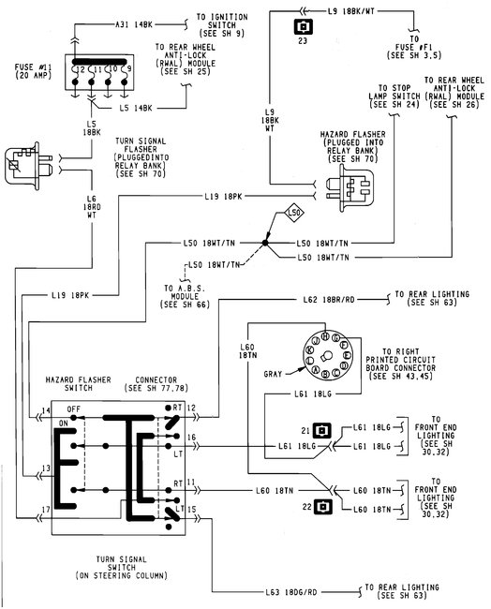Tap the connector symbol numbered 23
coord(303,27)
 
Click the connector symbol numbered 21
coord(320,431)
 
